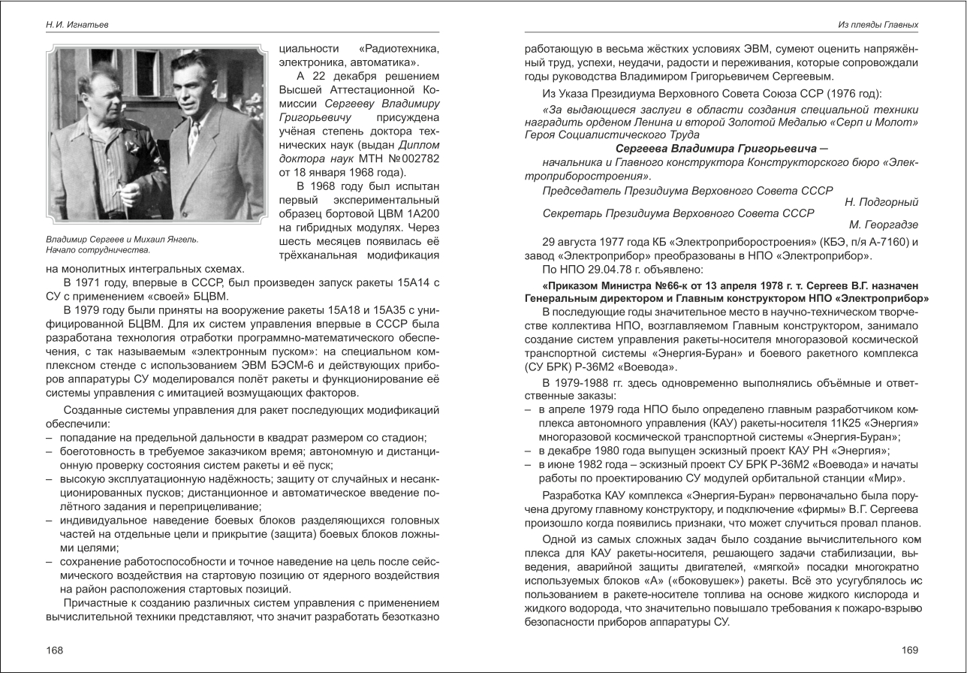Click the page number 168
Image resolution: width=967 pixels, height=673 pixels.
point(54,650)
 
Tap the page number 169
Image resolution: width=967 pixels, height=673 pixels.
point(909,650)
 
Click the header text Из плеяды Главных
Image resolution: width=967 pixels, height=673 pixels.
point(878,25)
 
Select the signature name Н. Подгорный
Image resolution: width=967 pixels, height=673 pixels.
point(881,202)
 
